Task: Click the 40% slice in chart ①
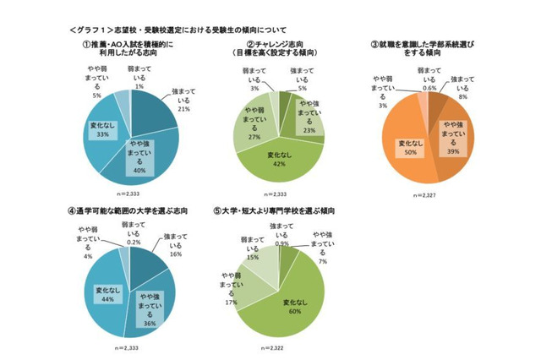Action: (x=144, y=156)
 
